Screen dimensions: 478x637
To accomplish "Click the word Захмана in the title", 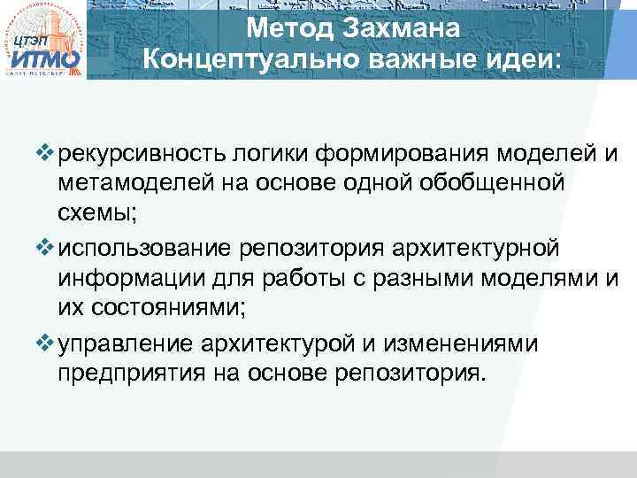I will coord(412,28).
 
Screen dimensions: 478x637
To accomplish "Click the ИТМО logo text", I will coord(45,60).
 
